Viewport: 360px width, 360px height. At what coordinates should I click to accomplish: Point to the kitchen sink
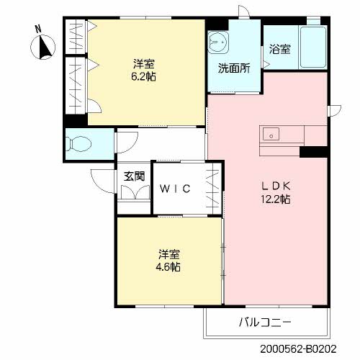[x=272, y=132]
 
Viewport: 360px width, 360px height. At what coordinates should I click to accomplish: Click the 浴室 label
[x=281, y=50]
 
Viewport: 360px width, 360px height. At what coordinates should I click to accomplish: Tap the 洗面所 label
[x=233, y=69]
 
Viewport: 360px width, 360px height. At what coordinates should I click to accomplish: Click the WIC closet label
[x=175, y=189]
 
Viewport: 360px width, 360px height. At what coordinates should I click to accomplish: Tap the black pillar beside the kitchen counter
[x=314, y=151]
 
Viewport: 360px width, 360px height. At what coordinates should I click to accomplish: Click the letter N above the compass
[x=38, y=30]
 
